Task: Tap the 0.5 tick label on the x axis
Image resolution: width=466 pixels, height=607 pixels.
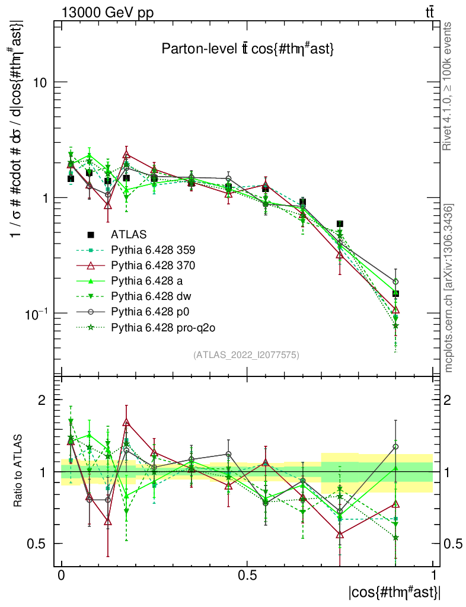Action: [x=247, y=576]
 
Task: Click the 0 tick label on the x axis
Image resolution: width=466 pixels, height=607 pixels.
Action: [x=62, y=576]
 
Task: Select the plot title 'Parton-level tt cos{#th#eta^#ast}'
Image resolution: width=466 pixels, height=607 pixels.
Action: [x=248, y=50]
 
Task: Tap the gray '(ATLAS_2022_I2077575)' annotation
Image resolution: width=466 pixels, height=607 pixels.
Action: [x=246, y=355]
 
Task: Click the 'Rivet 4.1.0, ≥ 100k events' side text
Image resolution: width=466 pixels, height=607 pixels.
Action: [x=449, y=87]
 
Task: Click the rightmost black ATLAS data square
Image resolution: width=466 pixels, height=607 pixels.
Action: [x=395, y=293]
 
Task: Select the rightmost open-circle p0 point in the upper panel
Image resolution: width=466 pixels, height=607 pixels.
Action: [x=395, y=282]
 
